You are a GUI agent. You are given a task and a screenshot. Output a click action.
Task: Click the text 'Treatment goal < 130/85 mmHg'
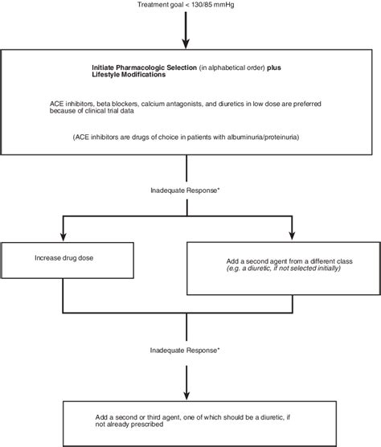[x=186, y=6]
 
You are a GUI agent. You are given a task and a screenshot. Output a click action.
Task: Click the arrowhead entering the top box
[x=187, y=44]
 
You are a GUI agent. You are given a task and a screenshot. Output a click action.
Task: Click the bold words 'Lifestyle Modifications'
[x=129, y=74]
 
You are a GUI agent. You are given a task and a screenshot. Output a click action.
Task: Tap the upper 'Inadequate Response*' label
[x=186, y=191]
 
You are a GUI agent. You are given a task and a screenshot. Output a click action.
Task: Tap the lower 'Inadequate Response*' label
[x=186, y=350]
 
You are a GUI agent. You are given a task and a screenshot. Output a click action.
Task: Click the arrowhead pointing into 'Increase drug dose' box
[x=63, y=237]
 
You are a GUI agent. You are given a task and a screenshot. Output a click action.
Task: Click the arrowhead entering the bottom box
[x=187, y=396]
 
